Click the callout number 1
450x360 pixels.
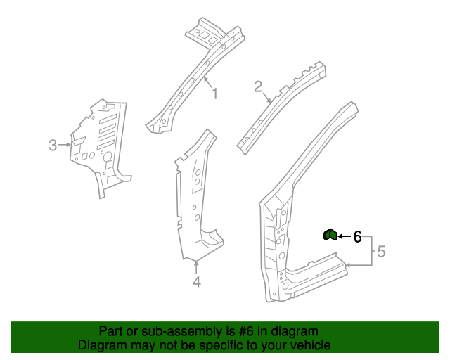point(214,94)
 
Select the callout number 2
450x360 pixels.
point(258,86)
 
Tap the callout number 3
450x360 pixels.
point(53,146)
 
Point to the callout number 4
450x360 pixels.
point(197,282)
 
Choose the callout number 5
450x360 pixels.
point(381,252)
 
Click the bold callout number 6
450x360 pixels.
point(357,237)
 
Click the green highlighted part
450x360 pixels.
point(330,235)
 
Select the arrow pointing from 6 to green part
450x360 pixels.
point(345,236)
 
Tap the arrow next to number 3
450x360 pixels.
point(64,145)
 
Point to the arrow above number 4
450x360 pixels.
point(196,266)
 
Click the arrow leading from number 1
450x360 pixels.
point(208,82)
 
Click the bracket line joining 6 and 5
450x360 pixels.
point(372,251)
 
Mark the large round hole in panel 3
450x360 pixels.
point(108,157)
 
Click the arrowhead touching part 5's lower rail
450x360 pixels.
point(348,265)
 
